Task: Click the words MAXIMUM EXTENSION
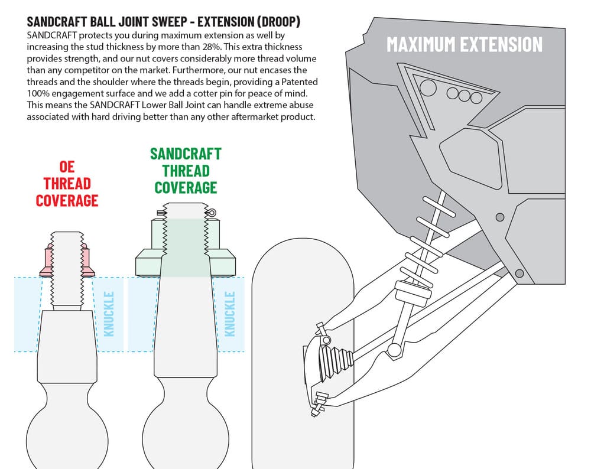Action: [x=464, y=44]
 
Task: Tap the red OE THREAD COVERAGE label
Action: [x=67, y=184]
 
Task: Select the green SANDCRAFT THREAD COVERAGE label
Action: [x=186, y=171]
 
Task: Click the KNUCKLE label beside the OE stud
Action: [x=108, y=314]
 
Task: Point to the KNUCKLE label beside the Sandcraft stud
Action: [x=230, y=314]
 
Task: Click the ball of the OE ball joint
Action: [x=65, y=434]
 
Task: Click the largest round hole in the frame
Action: [x=427, y=87]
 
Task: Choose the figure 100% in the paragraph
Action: [x=39, y=94]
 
